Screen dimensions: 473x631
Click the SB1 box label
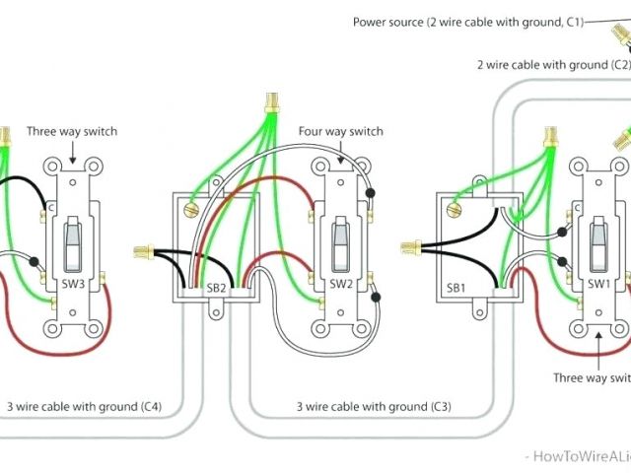(x=456, y=288)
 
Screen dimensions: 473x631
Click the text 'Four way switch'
(x=340, y=132)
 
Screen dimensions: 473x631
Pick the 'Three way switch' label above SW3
(x=71, y=131)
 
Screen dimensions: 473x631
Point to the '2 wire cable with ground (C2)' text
(x=552, y=64)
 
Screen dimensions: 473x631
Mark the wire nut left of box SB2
(x=141, y=252)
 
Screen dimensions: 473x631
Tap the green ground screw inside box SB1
(x=454, y=208)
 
